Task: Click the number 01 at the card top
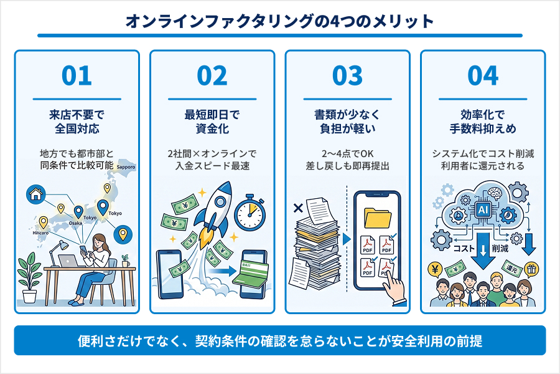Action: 77,76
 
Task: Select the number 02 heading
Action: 212,76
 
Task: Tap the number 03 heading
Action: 347,76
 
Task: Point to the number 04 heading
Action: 483,76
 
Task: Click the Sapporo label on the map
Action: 125,168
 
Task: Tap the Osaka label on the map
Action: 75,223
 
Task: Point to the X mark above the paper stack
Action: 297,206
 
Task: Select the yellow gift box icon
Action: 531,269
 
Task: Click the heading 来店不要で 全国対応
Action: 77,122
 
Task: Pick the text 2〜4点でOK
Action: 347,153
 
